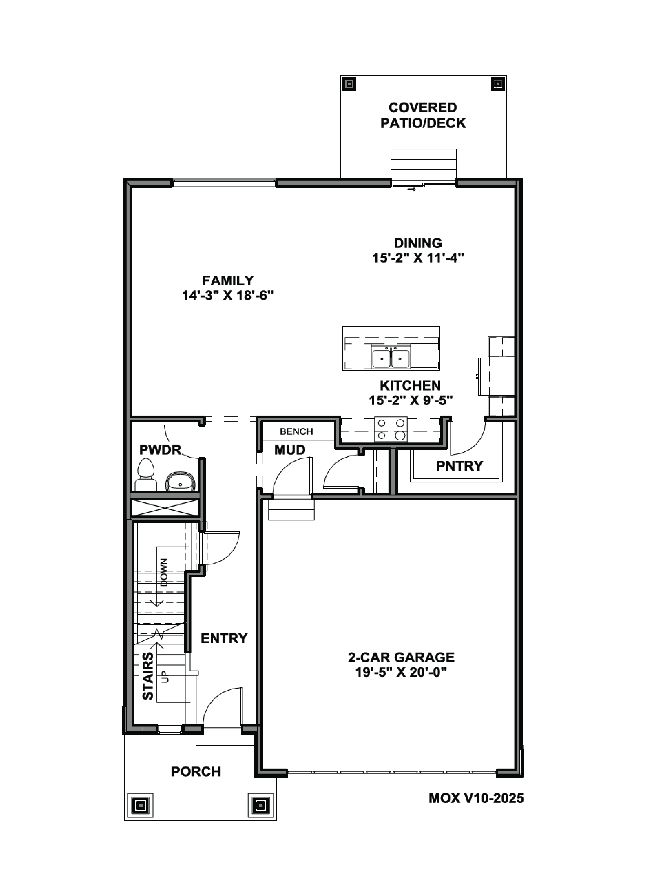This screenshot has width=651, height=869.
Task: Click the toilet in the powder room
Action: coord(146,475)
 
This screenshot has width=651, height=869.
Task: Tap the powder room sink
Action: coord(180,482)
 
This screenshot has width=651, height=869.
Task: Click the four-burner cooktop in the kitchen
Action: coord(391,429)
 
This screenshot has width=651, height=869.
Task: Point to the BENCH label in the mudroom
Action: coord(296,431)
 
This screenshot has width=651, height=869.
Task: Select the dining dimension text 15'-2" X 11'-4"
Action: coord(418,258)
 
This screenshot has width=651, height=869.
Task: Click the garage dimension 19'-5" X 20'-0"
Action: coord(401,672)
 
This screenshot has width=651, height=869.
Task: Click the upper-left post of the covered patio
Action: coord(349,84)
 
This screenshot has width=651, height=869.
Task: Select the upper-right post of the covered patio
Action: coord(498,84)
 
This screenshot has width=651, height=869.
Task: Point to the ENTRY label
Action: coord(224,638)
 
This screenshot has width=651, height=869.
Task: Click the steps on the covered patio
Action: coord(423,164)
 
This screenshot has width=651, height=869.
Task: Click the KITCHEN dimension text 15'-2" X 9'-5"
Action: coord(410,400)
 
